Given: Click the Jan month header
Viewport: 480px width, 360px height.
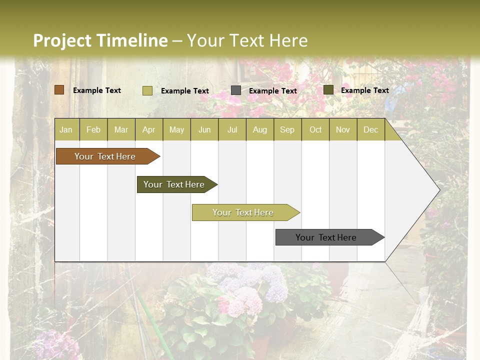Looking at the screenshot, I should click(66, 129).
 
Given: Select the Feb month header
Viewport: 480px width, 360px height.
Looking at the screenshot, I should click(93, 129).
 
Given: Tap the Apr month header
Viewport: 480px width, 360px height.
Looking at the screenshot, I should click(148, 129).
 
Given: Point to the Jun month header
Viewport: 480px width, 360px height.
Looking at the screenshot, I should click(204, 129).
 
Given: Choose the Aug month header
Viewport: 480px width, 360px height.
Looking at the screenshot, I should click(259, 129).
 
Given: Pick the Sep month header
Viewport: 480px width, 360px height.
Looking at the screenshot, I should click(287, 129).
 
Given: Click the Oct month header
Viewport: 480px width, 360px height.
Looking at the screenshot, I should click(315, 129).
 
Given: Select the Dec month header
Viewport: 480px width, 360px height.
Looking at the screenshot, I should click(370, 129).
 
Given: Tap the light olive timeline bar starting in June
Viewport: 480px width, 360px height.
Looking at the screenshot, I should click(243, 212).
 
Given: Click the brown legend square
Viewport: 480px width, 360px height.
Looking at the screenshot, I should click(59, 90).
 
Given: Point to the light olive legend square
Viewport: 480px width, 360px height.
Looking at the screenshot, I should click(147, 90).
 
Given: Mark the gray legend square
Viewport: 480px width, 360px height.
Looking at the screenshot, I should click(236, 90).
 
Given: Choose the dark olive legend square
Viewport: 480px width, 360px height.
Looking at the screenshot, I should click(328, 90).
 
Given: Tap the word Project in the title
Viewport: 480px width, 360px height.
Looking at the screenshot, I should click(62, 40).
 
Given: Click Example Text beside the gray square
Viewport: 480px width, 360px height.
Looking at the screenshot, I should click(273, 90).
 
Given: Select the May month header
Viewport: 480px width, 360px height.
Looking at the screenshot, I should click(176, 129).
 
